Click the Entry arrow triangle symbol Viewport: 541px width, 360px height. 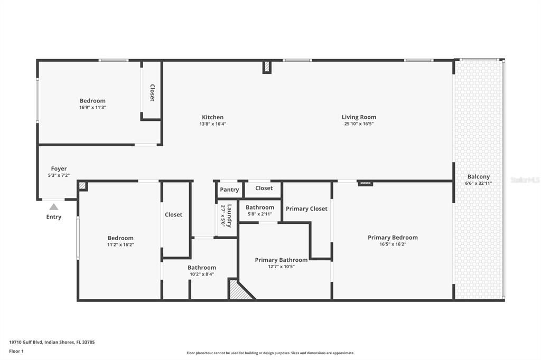pos(54,207)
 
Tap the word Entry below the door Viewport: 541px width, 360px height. pos(54,217)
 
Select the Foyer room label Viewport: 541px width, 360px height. pos(59,169)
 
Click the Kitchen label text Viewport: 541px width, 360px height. pos(212,117)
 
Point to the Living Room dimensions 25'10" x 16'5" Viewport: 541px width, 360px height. pos(359,124)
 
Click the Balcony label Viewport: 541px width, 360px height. pos(478,177)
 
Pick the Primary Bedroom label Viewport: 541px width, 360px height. pos(393,238)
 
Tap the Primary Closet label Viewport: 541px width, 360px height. pos(306,209)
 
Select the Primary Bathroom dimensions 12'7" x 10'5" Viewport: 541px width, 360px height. pos(281,267)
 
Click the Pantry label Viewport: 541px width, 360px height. pos(229,190)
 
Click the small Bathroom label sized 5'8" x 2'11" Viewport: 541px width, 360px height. pos(259,207)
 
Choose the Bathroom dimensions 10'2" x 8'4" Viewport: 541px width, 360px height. pos(201,274)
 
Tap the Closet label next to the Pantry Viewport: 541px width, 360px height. pos(264,188)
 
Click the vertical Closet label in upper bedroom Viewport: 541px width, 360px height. pos(152,93)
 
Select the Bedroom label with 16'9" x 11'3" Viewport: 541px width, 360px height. pos(92,101)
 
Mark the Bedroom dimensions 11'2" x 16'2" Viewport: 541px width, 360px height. pos(120,245)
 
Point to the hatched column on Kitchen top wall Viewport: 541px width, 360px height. pos(267,67)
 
